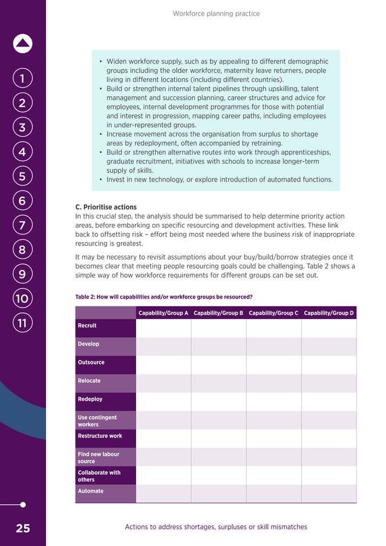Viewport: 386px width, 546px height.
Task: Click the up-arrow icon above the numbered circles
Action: coord(22,44)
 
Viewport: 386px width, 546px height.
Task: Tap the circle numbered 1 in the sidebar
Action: coord(22,79)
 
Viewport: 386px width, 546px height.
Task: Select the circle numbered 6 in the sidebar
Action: coord(22,201)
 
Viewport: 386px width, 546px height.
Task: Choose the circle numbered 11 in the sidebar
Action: coord(22,323)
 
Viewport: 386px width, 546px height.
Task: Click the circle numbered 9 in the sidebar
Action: coord(22,274)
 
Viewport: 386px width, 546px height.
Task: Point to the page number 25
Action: coord(22,528)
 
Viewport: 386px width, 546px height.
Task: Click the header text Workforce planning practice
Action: coord(216,13)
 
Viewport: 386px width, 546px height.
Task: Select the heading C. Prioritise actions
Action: coord(106,207)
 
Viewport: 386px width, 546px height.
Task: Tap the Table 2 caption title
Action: coord(163,297)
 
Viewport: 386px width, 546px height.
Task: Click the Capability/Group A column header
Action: coord(163,313)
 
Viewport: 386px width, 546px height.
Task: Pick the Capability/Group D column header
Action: coord(329,313)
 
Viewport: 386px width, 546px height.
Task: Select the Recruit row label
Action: coord(87,326)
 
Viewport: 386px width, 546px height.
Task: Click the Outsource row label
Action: coord(91,363)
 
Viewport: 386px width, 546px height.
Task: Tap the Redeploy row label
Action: coord(90,400)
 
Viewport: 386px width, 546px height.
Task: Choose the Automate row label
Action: coord(91,492)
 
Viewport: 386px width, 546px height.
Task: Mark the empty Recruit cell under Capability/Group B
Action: coord(218,328)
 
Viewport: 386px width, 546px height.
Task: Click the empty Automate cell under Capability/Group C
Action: coord(273,493)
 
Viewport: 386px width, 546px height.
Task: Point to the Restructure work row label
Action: coord(100,436)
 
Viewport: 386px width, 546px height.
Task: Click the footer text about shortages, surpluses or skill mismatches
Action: coord(216,527)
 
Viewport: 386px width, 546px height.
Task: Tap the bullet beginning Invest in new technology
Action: coord(219,180)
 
